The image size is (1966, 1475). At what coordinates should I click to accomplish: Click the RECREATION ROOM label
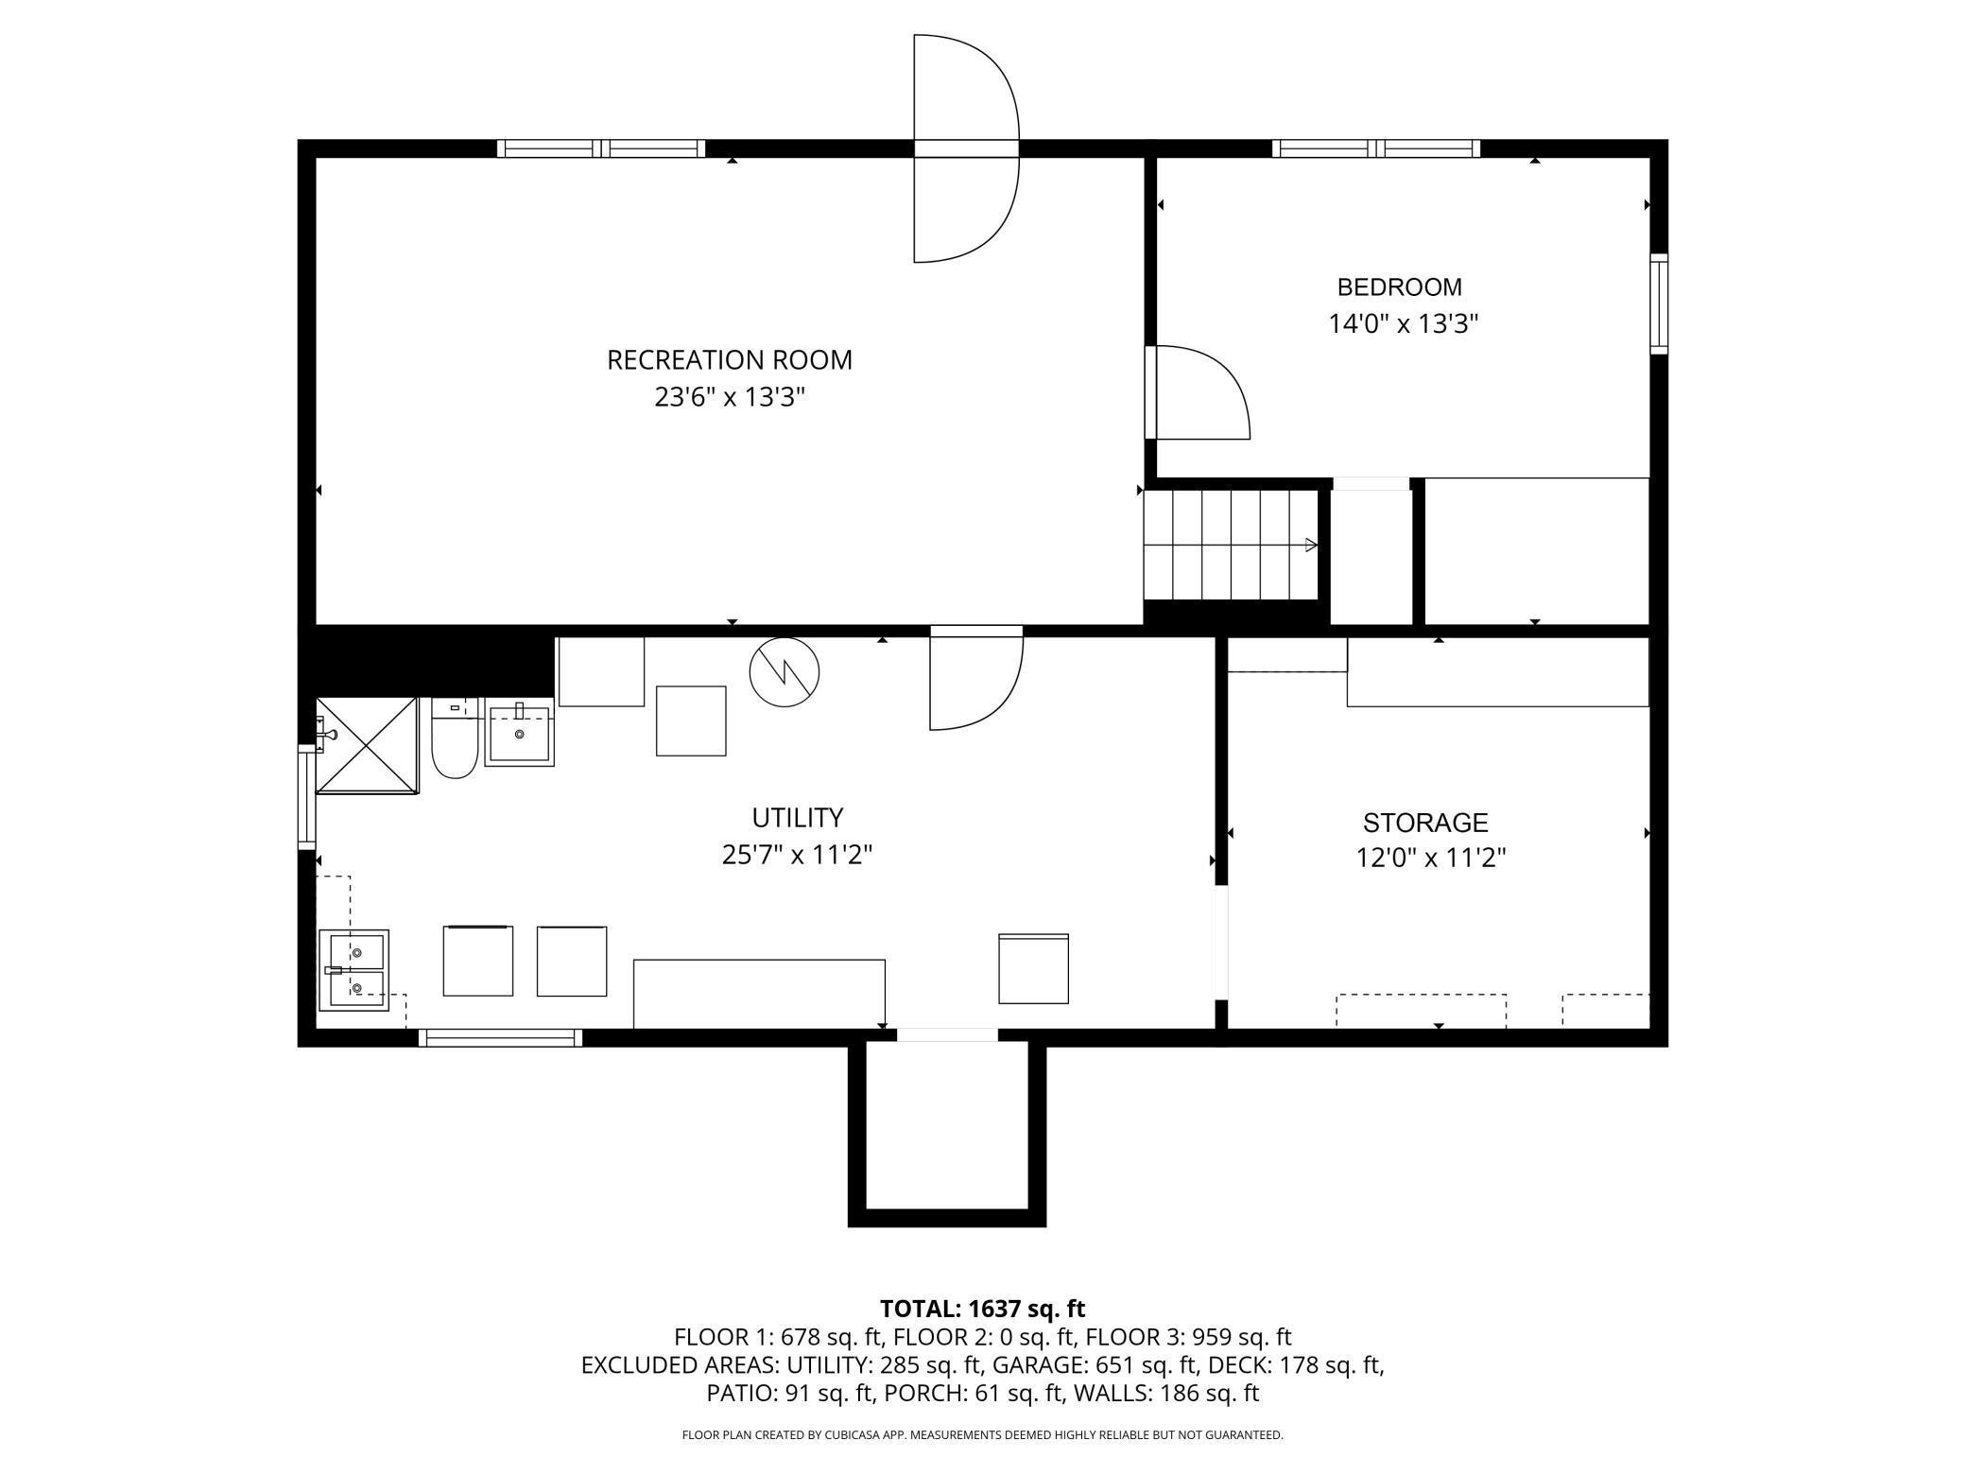(729, 360)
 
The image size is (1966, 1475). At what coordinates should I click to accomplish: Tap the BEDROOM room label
(1399, 287)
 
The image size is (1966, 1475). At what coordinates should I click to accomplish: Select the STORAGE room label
(1425, 823)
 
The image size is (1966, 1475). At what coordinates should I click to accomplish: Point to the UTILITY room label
(797, 818)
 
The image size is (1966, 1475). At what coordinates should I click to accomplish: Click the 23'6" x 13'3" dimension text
(729, 397)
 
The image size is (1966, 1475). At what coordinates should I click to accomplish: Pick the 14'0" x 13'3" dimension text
(1403, 324)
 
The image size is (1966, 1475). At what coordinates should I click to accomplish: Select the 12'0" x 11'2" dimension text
(1430, 859)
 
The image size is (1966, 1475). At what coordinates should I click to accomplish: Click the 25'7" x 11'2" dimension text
(797, 855)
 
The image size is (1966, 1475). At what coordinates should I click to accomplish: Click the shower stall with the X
(367, 746)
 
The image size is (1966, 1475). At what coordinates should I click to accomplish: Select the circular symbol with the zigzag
(784, 672)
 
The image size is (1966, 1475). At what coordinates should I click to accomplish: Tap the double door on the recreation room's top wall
(966, 148)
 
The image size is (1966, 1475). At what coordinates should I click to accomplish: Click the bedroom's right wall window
(1659, 304)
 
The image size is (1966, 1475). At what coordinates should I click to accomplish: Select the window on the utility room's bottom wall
(500, 1037)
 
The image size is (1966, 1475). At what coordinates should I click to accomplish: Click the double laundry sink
(353, 970)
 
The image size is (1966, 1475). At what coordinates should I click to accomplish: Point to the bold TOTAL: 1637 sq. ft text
(982, 1309)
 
